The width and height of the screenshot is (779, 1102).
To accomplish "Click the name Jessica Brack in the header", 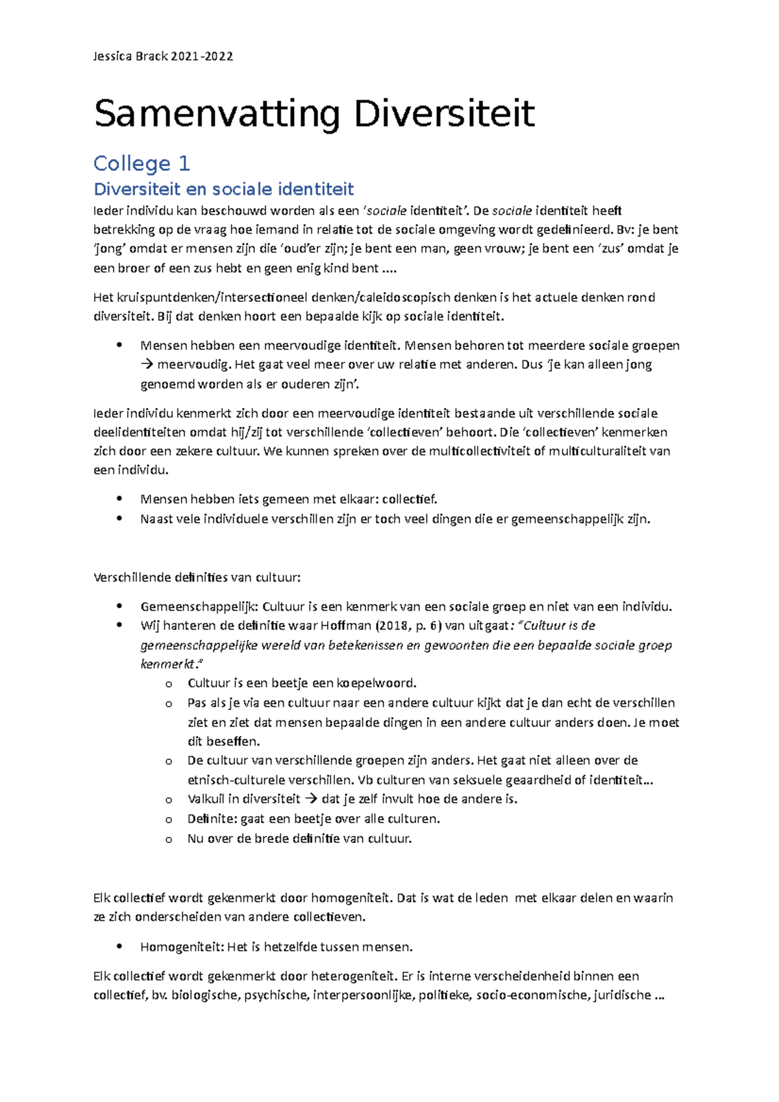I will (130, 56).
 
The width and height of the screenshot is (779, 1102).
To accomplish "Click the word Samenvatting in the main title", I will (217, 114).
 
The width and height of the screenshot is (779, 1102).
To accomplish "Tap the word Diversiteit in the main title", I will (444, 114).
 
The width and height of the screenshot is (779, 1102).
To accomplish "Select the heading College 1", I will (142, 163).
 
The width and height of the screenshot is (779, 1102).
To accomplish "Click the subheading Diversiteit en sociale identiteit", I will (223, 189).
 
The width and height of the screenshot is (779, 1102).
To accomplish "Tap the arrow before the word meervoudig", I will (146, 365).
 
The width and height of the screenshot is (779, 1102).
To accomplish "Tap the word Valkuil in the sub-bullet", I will (206, 799).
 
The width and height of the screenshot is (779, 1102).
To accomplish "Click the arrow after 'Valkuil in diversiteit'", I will (311, 799).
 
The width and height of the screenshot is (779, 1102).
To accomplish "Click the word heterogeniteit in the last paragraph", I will (352, 976).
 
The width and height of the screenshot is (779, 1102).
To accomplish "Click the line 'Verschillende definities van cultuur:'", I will (197, 577).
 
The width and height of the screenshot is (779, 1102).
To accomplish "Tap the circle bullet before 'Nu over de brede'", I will (169, 839).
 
